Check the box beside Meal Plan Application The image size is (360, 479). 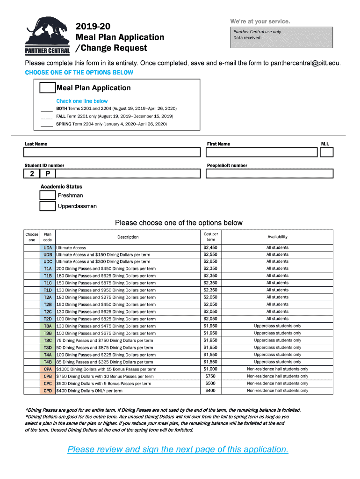click(47, 87)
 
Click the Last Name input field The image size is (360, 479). click(112, 152)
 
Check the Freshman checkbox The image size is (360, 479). click(48, 196)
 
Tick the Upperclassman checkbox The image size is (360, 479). click(48, 206)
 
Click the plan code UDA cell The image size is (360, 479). click(48, 247)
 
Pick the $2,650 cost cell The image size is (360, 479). click(210, 261)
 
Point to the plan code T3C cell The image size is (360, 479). click(48, 341)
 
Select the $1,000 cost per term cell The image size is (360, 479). click(210, 369)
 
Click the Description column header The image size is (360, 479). click(128, 237)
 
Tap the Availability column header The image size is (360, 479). click(277, 237)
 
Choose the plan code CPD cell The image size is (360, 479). click(48, 391)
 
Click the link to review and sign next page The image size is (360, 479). click(178, 450)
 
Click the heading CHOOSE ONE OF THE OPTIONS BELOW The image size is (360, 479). click(79, 73)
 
